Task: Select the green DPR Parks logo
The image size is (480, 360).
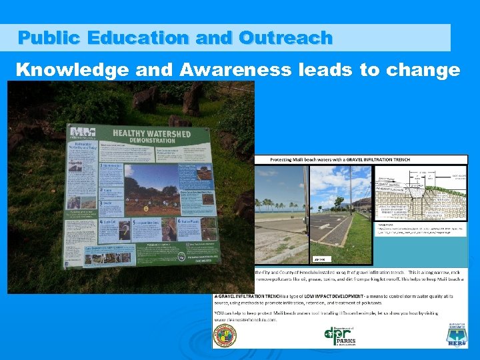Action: (339, 337)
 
